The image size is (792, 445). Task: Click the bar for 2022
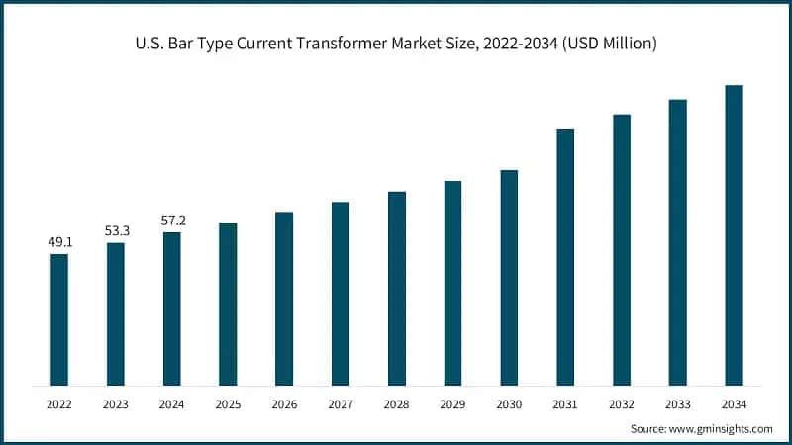pyautogui.click(x=59, y=318)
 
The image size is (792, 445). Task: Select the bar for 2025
pyautogui.click(x=228, y=303)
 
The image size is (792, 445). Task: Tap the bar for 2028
pyautogui.click(x=396, y=288)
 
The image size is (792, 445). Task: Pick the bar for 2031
pyautogui.click(x=565, y=256)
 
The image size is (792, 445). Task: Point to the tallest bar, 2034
pyautogui.click(x=734, y=234)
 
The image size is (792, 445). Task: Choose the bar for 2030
pyautogui.click(x=509, y=277)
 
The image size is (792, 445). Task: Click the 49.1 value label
pyautogui.click(x=59, y=241)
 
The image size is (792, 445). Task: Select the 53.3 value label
pyautogui.click(x=116, y=230)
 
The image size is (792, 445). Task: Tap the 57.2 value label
pyautogui.click(x=172, y=220)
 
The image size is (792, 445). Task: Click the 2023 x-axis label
pyautogui.click(x=116, y=403)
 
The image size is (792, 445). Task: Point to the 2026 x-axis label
pyautogui.click(x=284, y=403)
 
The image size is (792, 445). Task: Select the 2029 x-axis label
pyautogui.click(x=452, y=403)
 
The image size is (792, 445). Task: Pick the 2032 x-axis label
pyautogui.click(x=622, y=403)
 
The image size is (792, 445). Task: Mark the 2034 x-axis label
pyautogui.click(x=734, y=403)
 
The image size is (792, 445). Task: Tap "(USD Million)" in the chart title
pyautogui.click(x=604, y=44)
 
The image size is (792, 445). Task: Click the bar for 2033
pyautogui.click(x=677, y=241)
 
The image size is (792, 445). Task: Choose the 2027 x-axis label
pyautogui.click(x=341, y=403)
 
